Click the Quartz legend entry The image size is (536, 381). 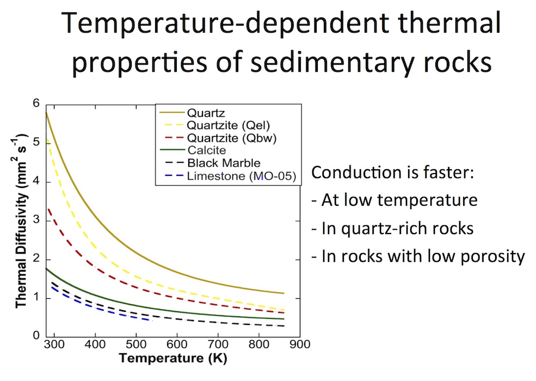(x=202, y=114)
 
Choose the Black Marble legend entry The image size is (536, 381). (x=224, y=163)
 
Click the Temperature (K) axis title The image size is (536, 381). (x=172, y=359)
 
